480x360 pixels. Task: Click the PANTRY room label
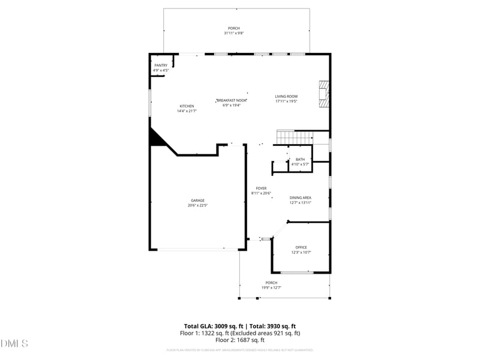coord(161,65)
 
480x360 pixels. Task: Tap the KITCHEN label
coord(187,106)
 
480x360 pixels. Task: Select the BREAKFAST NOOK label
coord(232,100)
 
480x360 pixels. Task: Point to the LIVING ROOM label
coord(286,97)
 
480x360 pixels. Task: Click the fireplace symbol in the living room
coord(324,94)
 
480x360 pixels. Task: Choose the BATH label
coord(300,159)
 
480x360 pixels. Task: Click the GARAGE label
coord(198,200)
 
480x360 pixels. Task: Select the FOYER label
coord(261,188)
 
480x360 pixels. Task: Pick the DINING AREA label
coord(300,197)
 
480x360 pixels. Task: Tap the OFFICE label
coord(301,247)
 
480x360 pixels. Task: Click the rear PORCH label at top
coord(233,28)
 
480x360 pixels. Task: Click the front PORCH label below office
coord(271,283)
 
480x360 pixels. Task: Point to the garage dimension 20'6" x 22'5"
coord(198,205)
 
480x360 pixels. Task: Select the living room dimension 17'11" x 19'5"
coord(286,101)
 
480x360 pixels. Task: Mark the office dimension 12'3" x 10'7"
coord(301,252)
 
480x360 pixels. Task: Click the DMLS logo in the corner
coord(14,343)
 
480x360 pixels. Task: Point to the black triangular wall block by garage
coord(157,139)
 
